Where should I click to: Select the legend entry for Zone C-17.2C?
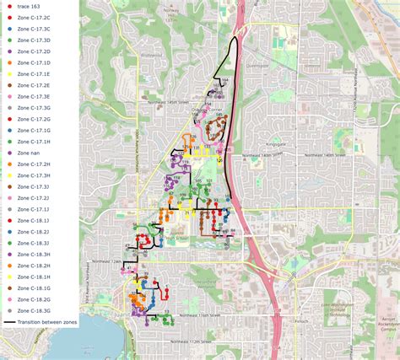34,17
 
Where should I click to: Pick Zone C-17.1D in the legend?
34,62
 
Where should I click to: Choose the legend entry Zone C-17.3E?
34,96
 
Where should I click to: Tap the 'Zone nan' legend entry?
30,153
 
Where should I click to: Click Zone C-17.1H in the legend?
34,142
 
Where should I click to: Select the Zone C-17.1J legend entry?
34,208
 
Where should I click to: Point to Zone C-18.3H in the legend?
34,254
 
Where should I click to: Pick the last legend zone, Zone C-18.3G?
34,310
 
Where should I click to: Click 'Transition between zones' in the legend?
42,322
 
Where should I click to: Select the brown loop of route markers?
218,128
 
